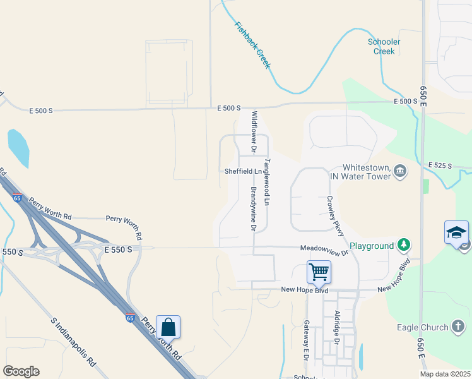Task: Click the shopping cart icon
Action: pyautogui.click(x=319, y=272)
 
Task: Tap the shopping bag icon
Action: pyautogui.click(x=168, y=327)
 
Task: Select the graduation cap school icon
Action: pyautogui.click(x=456, y=232)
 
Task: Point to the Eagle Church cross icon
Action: pyautogui.click(x=459, y=327)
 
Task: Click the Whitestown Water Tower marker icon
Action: pyautogui.click(x=399, y=172)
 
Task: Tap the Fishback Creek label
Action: pyautogui.click(x=252, y=45)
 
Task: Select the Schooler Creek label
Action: pyautogui.click(x=384, y=46)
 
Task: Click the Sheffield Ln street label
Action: pyautogui.click(x=243, y=171)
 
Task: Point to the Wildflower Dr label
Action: pyautogui.click(x=254, y=133)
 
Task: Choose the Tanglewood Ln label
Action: pyautogui.click(x=267, y=183)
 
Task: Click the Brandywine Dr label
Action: pyautogui.click(x=253, y=208)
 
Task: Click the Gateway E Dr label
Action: pyautogui.click(x=306, y=339)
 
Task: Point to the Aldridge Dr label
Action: pyautogui.click(x=338, y=327)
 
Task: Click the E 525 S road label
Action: pyautogui.click(x=440, y=165)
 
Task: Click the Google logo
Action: pyautogui.click(x=21, y=371)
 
